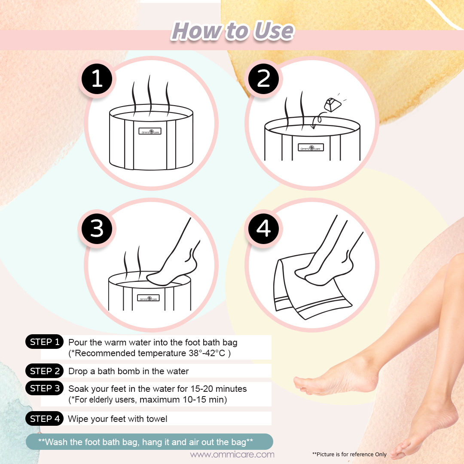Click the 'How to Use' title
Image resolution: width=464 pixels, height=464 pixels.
pos(232,31)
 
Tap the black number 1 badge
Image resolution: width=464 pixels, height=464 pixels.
pos(97,79)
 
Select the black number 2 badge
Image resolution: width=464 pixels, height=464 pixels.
pos(263,79)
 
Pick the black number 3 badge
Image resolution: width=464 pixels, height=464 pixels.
pos(97,229)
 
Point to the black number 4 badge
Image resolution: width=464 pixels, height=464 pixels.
pos(263,229)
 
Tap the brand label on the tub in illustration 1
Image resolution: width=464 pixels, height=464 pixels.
pos(150,131)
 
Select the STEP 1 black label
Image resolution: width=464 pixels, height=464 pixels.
pos(45,342)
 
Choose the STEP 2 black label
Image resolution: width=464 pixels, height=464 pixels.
pos(45,371)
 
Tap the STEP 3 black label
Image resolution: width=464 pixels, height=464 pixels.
pos(45,388)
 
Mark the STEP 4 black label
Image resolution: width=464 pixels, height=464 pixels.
pos(45,419)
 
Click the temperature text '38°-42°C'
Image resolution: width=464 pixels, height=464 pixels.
pos(207,353)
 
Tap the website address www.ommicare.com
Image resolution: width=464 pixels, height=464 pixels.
pos(232,454)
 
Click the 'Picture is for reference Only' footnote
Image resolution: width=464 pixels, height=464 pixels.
pos(349,454)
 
